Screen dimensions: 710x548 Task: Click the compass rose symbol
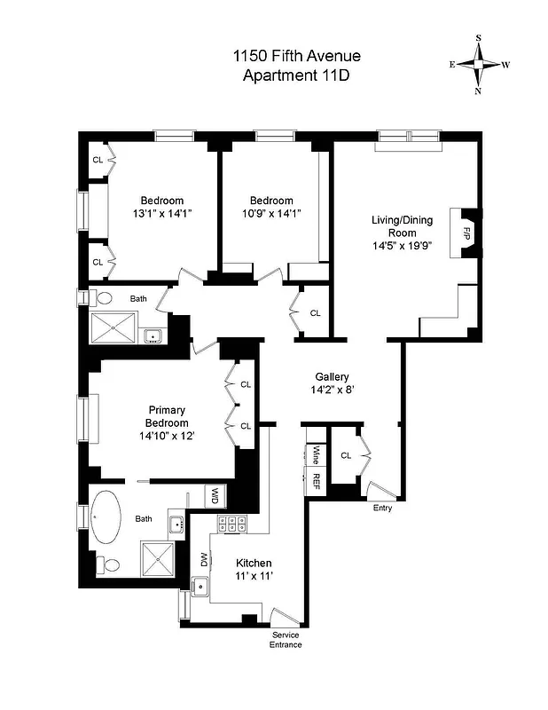click(479, 64)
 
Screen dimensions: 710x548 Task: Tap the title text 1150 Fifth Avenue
click(296, 57)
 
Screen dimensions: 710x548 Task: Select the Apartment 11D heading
click(296, 75)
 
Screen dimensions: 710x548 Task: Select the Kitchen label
click(254, 564)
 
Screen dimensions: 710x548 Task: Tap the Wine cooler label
click(315, 455)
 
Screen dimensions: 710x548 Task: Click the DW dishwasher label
click(204, 560)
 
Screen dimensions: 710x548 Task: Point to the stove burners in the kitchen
click(231, 524)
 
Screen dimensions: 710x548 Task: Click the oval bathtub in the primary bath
click(108, 517)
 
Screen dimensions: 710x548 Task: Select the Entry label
click(382, 508)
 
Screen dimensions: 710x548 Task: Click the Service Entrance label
click(286, 639)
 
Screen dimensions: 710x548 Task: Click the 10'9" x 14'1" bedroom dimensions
click(270, 214)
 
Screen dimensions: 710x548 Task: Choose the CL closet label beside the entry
click(346, 455)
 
